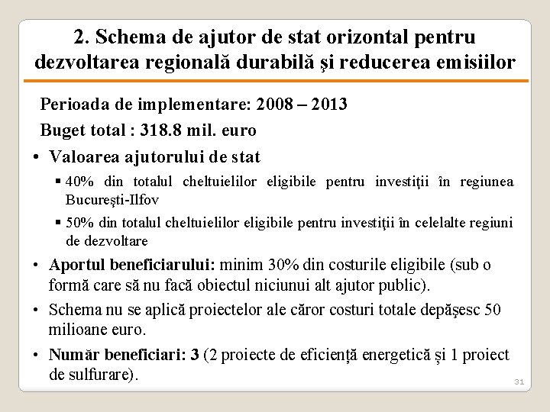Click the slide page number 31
click(x=519, y=381)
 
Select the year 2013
click(x=328, y=104)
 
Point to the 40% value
click(x=79, y=182)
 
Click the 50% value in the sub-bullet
click(x=79, y=224)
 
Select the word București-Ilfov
click(x=112, y=200)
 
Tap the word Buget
click(x=63, y=130)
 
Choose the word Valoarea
click(x=86, y=157)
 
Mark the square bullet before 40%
click(x=58, y=182)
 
